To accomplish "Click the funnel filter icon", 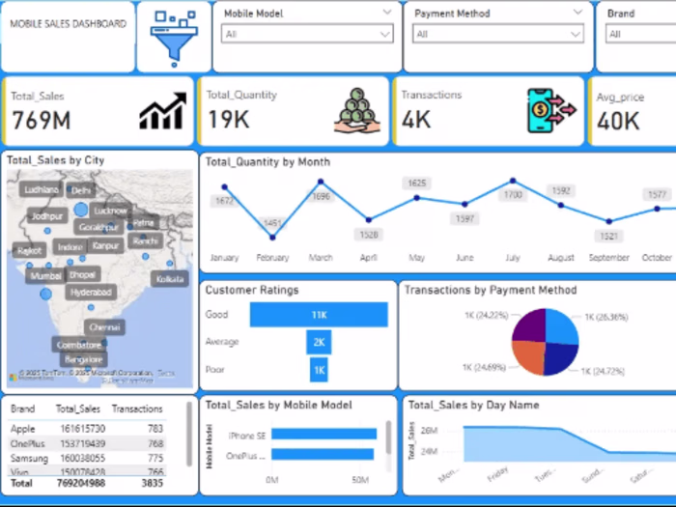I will click(x=173, y=37).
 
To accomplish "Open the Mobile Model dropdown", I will click(x=307, y=34).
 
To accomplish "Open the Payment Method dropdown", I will click(x=498, y=34).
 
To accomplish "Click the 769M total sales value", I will click(x=42, y=121).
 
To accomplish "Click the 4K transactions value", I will click(x=416, y=121).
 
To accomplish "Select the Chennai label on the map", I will click(x=104, y=327).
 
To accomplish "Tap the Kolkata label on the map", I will click(x=169, y=278).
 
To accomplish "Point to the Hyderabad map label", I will click(x=91, y=292).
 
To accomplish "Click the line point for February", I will click(x=272, y=238).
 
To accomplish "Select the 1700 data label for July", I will click(x=513, y=194).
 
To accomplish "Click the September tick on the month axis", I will click(x=608, y=258).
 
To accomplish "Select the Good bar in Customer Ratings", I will click(x=319, y=315).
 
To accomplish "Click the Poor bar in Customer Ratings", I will click(x=319, y=369).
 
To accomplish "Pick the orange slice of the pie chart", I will click(x=529, y=356).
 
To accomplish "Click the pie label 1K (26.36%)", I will click(x=606, y=317).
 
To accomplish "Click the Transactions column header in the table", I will click(x=137, y=409).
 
